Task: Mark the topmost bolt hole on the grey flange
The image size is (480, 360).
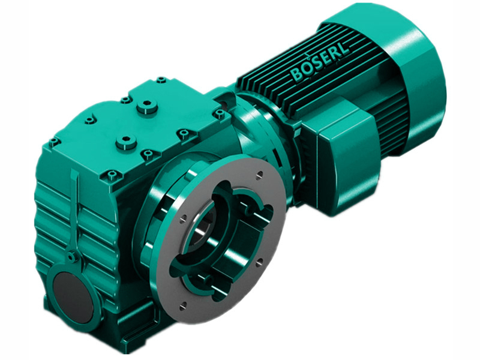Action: pyautogui.click(x=259, y=175)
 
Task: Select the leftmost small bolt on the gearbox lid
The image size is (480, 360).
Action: pyautogui.click(x=54, y=143)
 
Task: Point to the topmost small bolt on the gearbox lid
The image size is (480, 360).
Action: pyautogui.click(x=161, y=79)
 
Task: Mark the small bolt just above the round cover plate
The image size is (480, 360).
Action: pyautogui.click(x=71, y=256)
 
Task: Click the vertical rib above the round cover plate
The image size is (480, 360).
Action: pyautogui.click(x=74, y=210)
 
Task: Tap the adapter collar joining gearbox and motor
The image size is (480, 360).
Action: pyautogui.click(x=264, y=132)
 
